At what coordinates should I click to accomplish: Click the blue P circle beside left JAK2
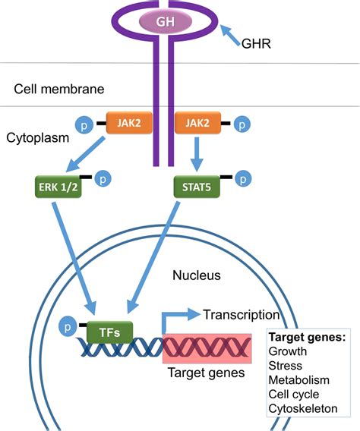click(84, 122)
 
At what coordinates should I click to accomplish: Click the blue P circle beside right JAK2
click(241, 122)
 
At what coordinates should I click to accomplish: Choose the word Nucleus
click(196, 275)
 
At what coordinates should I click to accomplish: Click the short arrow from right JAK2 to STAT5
click(196, 154)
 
